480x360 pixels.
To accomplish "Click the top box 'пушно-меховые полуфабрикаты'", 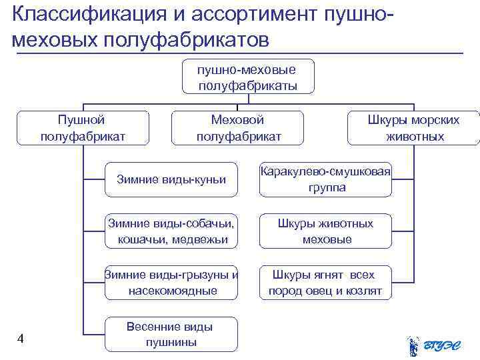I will pyautogui.click(x=247, y=77).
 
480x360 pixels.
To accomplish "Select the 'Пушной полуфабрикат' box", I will pyautogui.click(x=82, y=128).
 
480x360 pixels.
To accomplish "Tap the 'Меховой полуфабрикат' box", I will pyautogui.click(x=238, y=128).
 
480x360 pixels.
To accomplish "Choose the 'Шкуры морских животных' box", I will pyautogui.click(x=414, y=128).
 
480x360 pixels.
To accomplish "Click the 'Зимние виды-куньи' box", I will pyautogui.click(x=171, y=179).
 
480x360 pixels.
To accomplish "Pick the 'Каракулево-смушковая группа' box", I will pyautogui.click(x=326, y=179).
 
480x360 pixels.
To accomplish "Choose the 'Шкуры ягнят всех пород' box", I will pyautogui.click(x=326, y=283).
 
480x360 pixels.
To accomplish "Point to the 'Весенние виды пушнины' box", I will pyautogui.click(x=171, y=335).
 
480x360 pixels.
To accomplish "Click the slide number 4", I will pyautogui.click(x=21, y=339).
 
